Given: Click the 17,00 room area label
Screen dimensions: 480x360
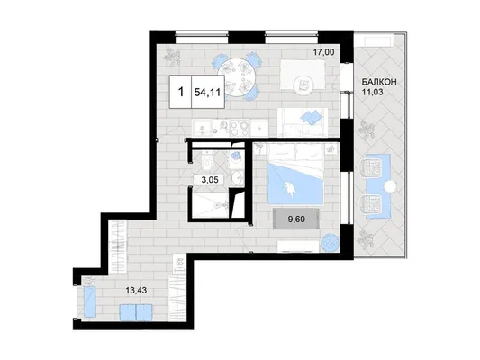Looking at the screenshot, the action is [x=323, y=52].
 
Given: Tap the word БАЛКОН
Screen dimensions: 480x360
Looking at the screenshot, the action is [x=379, y=82].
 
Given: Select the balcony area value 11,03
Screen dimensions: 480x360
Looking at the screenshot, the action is [x=373, y=92].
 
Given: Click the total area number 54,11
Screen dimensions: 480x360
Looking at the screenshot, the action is [x=207, y=93].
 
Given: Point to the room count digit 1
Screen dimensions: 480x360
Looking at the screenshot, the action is [x=181, y=92].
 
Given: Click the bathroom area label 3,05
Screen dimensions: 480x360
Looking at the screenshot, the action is [x=210, y=180].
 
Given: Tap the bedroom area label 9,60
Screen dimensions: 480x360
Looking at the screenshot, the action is [x=296, y=219].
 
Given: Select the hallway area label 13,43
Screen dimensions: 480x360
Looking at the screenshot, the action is [x=136, y=291].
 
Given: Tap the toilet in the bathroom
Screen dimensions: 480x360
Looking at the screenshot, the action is [x=207, y=161].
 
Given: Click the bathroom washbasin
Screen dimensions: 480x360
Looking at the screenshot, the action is [x=237, y=176].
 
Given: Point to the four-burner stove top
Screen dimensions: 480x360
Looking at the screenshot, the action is [x=240, y=128].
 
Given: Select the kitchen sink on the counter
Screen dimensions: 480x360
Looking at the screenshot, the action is [x=202, y=128].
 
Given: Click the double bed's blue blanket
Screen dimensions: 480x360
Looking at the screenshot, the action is [x=295, y=183].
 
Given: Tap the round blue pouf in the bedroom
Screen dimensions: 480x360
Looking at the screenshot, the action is [x=330, y=243].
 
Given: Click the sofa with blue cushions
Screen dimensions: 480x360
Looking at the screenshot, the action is [x=303, y=122].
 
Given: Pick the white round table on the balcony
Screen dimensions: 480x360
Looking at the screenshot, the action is [x=390, y=186].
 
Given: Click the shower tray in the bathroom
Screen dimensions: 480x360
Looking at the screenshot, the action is [x=210, y=203].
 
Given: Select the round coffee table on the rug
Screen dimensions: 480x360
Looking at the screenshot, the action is [x=303, y=84].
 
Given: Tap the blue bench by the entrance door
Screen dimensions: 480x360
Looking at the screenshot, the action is [x=91, y=301].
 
